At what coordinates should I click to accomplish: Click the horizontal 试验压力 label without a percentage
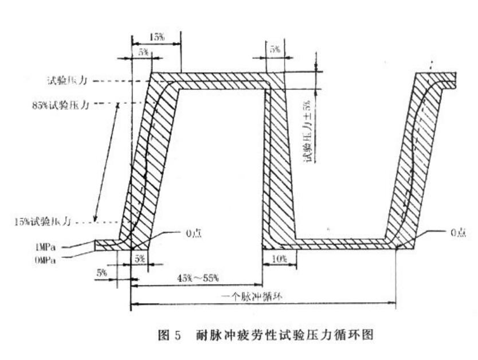pos(68,81)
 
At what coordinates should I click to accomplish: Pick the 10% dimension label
pos(280,259)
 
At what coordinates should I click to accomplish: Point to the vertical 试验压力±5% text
pos(309,132)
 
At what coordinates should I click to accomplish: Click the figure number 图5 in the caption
pos(170,335)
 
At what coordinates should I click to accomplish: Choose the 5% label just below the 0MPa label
pos(102,272)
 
